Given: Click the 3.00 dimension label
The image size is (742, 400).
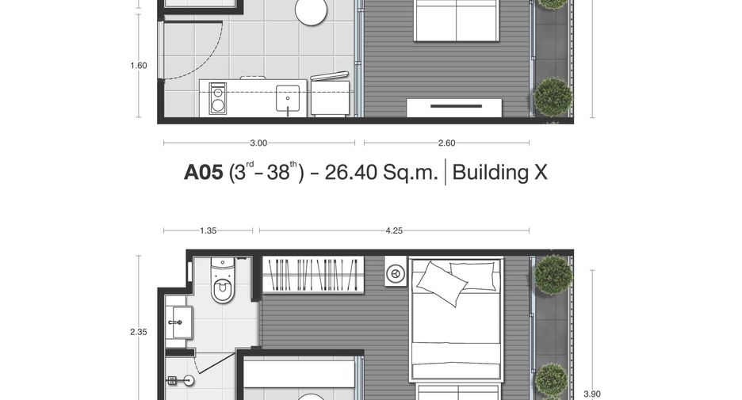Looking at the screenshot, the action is pos(258,143).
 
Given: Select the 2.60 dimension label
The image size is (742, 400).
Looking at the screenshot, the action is pos(447,143).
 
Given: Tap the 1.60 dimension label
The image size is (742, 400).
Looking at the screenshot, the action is pos(139,66).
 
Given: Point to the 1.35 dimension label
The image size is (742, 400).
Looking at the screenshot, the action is pos(208,230).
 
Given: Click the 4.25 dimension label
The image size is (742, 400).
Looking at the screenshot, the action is pos(394,230).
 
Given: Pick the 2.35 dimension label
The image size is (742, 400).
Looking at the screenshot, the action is pos(139,332).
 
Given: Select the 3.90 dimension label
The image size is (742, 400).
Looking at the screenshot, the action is pos(592,394).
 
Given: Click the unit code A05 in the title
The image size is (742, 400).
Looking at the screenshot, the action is pos(203,172).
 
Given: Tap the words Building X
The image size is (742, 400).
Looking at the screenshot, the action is pos(499,172).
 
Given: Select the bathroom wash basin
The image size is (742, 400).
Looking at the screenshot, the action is pos(179,322).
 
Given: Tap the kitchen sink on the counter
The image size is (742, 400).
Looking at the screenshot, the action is pos(288,98).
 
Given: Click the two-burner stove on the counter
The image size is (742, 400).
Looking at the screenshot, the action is pos(218,98).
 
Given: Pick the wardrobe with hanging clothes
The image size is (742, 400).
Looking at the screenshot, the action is pos(313,274).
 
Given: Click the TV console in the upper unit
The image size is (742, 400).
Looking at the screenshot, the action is pos(454,108).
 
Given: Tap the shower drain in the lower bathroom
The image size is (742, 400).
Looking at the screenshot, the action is pos(189,380).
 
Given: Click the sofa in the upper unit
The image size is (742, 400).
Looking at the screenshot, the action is pos(456,21).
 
